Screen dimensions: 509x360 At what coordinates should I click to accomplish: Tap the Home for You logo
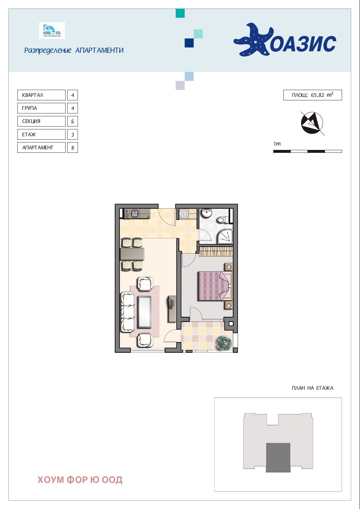(x=52, y=31)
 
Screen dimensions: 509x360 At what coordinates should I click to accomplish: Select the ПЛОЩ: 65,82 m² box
(x=312, y=95)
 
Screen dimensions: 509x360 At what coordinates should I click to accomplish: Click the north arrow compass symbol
(x=312, y=123)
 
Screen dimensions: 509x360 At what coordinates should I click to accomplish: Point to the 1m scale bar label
(x=277, y=144)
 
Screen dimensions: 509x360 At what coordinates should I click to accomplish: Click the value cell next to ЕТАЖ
(x=72, y=135)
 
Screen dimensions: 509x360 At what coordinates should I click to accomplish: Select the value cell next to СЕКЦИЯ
(x=72, y=122)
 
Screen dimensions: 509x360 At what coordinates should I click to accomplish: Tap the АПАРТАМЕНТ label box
(x=41, y=148)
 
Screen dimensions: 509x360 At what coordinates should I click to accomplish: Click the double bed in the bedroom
(x=215, y=286)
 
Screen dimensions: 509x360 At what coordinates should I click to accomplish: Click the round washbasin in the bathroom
(x=206, y=213)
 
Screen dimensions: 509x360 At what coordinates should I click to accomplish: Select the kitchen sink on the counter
(x=135, y=214)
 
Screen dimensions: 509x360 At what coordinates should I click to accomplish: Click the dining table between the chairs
(x=132, y=254)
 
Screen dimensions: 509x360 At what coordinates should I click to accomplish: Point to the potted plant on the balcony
(x=224, y=343)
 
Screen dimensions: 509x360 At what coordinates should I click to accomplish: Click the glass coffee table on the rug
(x=145, y=312)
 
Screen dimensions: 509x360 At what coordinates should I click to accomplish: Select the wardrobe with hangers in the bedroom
(x=216, y=251)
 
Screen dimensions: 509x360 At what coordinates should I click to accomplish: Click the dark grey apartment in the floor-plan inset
(x=278, y=457)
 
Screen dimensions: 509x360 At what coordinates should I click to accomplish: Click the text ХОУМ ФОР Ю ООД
(x=80, y=480)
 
